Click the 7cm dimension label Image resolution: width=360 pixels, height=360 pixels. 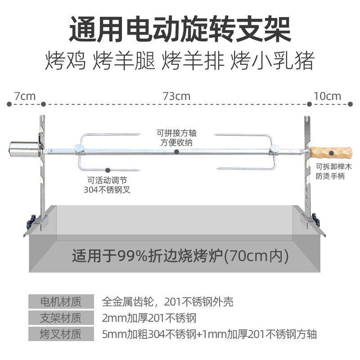(x=25, y=96)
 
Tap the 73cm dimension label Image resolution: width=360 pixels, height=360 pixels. (x=176, y=96)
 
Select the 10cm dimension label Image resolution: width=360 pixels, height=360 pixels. (x=328, y=96)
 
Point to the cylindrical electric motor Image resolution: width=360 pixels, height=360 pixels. (x=24, y=149)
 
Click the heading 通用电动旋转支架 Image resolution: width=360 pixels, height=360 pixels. (x=180, y=30)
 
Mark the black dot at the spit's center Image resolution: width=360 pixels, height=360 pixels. (x=176, y=152)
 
